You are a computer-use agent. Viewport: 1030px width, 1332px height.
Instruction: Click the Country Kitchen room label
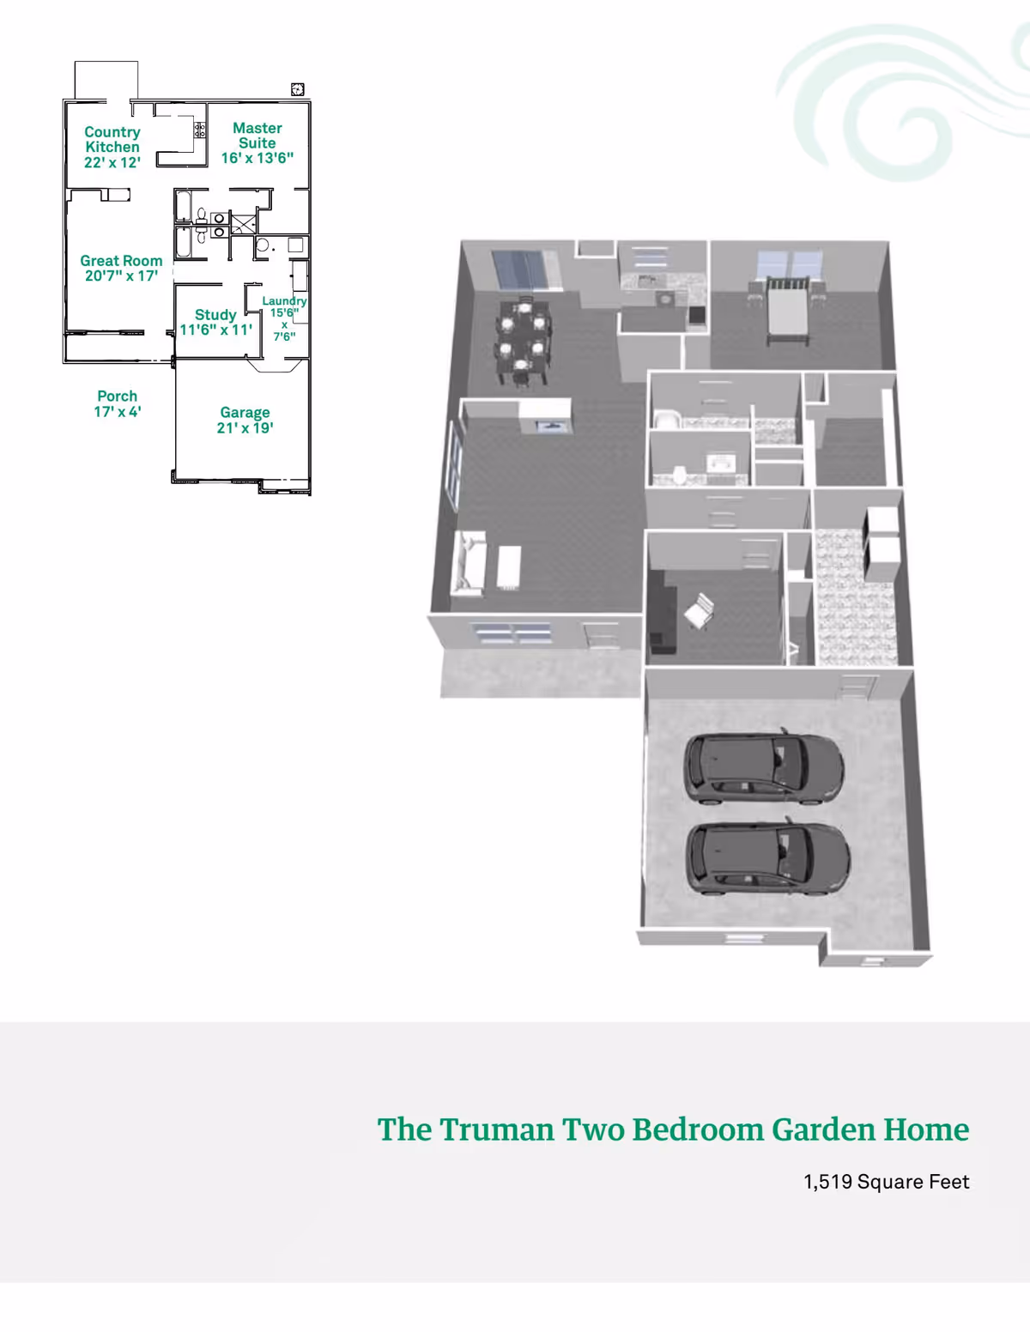(x=112, y=140)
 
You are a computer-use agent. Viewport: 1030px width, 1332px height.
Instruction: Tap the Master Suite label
(x=257, y=136)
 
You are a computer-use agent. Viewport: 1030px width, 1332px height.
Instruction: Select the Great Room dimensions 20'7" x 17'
(x=121, y=275)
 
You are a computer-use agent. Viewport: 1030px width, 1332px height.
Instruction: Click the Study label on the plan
(x=215, y=314)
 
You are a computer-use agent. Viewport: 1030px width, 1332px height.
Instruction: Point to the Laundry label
(x=284, y=301)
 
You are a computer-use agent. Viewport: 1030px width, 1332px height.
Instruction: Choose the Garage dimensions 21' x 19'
(x=245, y=428)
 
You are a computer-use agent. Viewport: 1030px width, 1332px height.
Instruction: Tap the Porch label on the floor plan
(x=117, y=396)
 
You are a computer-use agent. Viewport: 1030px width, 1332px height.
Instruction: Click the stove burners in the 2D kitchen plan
(x=200, y=130)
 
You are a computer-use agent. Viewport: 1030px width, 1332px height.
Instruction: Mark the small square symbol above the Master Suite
(x=298, y=89)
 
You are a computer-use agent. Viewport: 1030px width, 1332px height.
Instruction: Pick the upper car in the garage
(x=764, y=766)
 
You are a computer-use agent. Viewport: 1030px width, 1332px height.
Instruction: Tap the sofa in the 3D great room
(x=468, y=563)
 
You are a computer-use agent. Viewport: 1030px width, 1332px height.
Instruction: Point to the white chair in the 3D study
(x=700, y=610)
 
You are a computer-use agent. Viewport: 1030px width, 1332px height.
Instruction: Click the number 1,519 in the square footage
(x=827, y=1182)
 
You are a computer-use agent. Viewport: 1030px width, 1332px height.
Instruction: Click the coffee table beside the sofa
(x=509, y=567)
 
